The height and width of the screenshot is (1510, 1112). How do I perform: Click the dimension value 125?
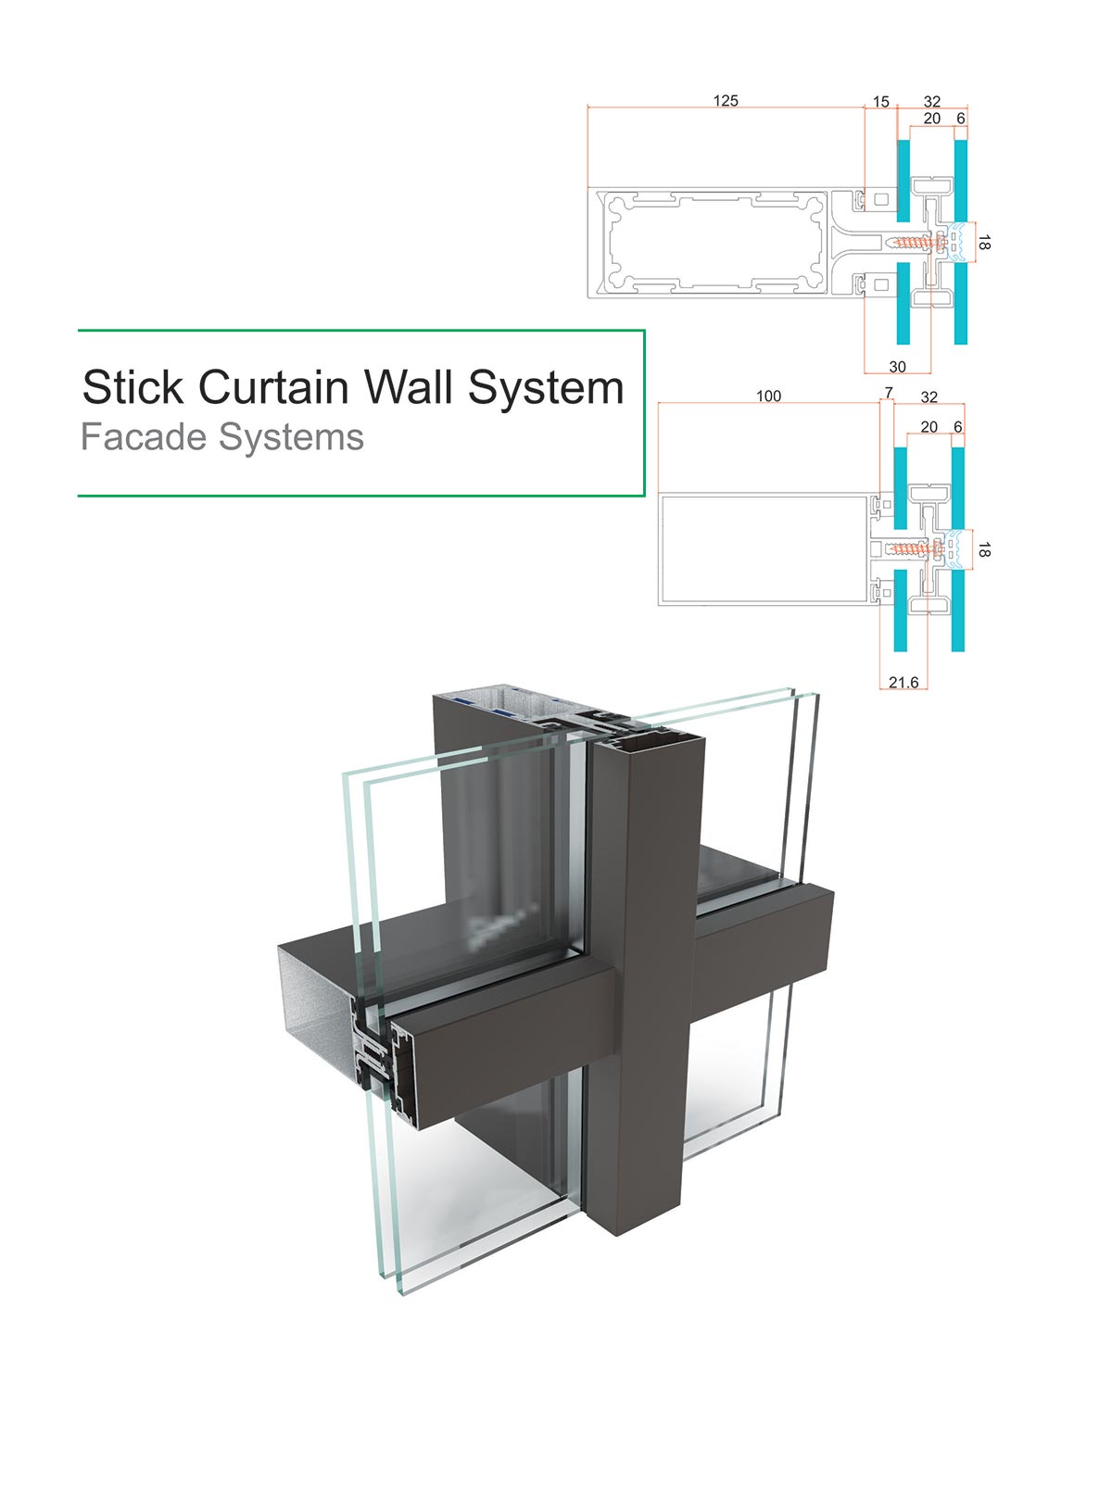pos(726,101)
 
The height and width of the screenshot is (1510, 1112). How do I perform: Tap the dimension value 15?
pos(880,102)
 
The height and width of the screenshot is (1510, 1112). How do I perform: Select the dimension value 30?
pos(897,367)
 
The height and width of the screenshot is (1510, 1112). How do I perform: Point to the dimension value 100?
pos(768,396)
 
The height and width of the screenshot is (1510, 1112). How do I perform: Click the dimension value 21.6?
pos(903,682)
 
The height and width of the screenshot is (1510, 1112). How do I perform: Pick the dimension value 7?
pos(888,393)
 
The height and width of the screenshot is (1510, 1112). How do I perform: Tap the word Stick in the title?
pos(133,387)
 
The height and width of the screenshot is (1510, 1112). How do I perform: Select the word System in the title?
pos(546,388)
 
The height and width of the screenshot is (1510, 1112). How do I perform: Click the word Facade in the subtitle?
pos(144,437)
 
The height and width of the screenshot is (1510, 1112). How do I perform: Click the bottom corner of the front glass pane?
pos(404,1294)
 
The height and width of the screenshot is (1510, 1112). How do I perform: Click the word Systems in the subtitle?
pos(291,438)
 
